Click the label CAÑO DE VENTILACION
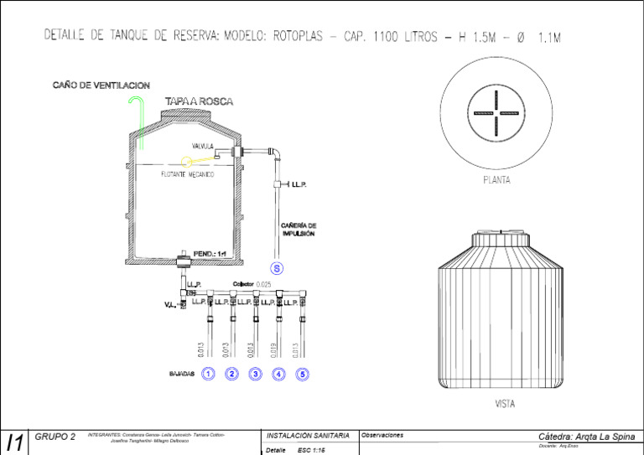(101, 85)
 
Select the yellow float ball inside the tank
(188, 162)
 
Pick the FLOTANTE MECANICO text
(187, 175)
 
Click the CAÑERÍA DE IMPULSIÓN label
(299, 230)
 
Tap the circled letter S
(278, 268)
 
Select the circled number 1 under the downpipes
(209, 374)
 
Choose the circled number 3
(256, 374)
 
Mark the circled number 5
(303, 374)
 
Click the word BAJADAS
(181, 374)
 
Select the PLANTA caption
(496, 179)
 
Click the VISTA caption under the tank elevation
(505, 404)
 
